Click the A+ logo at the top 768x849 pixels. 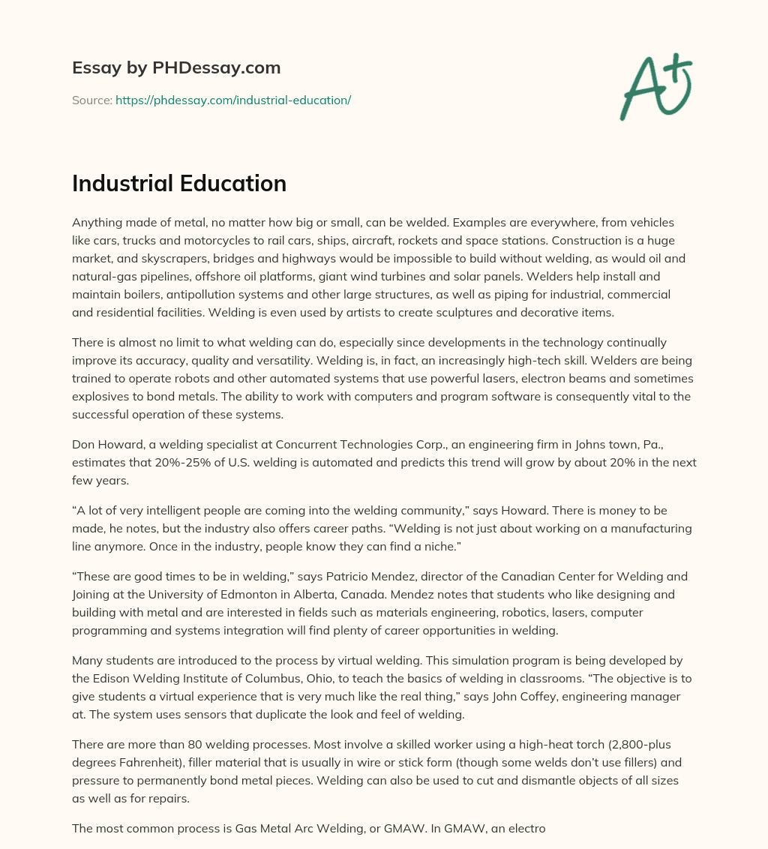[655, 87]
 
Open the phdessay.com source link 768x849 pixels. [233, 100]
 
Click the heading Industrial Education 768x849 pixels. [179, 184]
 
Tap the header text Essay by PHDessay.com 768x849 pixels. [176, 67]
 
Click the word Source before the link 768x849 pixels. [91, 100]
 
